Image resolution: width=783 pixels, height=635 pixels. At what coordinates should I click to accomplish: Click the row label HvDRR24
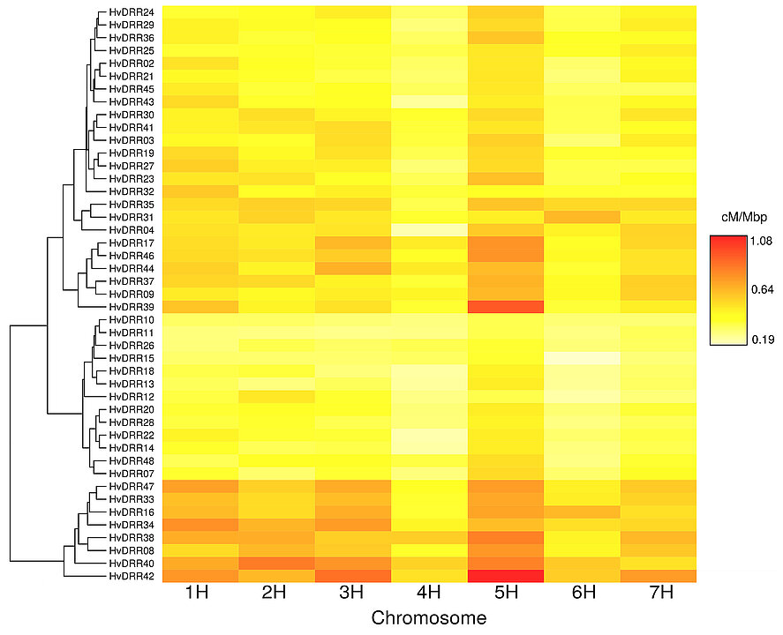point(132,12)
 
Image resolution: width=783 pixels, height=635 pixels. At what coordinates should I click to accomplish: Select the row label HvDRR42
point(132,576)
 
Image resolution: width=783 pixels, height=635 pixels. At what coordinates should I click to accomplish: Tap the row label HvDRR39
point(132,306)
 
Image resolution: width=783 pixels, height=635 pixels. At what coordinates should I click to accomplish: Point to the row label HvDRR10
point(132,319)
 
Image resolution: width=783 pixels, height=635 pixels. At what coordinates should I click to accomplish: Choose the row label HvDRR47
point(132,486)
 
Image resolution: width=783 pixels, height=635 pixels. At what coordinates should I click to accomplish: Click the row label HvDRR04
point(132,229)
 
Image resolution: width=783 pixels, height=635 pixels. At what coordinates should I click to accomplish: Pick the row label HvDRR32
point(132,191)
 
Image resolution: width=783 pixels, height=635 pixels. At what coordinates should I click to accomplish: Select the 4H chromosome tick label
point(428,595)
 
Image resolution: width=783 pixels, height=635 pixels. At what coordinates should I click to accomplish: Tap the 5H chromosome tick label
point(505,595)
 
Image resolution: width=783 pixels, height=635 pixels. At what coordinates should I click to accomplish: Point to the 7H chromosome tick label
point(659,595)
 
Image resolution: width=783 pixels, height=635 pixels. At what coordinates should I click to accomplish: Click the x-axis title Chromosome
point(428,619)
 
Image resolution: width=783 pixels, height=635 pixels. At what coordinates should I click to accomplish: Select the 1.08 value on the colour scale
point(762,240)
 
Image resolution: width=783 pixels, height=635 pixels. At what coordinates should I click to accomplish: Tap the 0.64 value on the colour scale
point(762,289)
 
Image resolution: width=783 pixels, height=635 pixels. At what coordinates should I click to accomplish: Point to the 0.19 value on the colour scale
point(762,339)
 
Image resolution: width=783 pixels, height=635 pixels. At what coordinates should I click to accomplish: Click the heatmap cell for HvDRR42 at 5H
point(505,576)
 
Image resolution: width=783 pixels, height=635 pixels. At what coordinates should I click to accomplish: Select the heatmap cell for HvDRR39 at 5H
point(505,306)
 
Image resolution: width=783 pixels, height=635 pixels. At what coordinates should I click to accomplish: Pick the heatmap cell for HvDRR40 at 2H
point(276,563)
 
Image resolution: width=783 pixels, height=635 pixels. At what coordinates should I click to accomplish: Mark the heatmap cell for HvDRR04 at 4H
point(428,229)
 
